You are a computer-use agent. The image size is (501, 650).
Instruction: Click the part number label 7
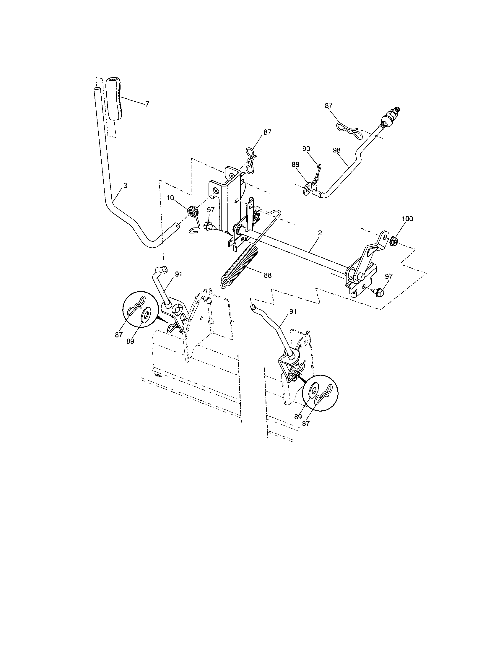[x=147, y=104]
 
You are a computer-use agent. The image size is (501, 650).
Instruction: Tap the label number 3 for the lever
[x=125, y=186]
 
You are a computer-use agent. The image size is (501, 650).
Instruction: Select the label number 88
[x=267, y=275]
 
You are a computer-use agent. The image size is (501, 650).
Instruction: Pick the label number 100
[x=407, y=219]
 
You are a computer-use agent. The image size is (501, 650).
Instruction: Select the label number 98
[x=336, y=150]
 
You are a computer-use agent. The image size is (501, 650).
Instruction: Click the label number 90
[x=306, y=149]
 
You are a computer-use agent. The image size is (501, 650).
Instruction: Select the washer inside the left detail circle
[x=146, y=314]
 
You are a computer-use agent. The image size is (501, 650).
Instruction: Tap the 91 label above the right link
[x=293, y=311]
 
